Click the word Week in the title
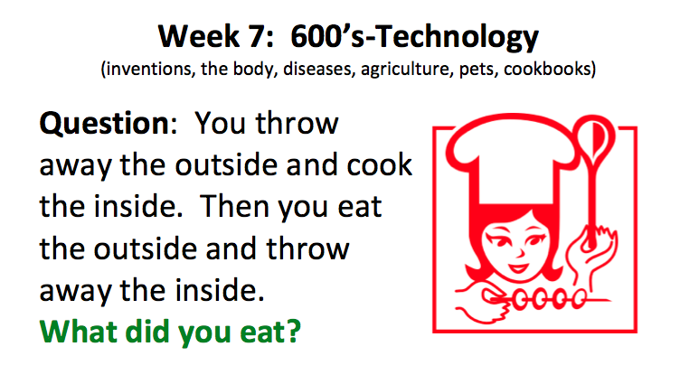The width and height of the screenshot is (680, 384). pyautogui.click(x=199, y=36)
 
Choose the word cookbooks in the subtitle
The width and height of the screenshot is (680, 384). pyautogui.click(x=547, y=69)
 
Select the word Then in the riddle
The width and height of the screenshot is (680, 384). pyautogui.click(x=234, y=206)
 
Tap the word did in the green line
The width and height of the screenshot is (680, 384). pyautogui.click(x=147, y=332)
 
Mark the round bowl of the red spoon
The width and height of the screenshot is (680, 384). pyautogui.click(x=594, y=136)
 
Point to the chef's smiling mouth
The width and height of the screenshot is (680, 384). pyautogui.click(x=518, y=267)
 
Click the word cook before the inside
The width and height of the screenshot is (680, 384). pyautogui.click(x=380, y=165)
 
